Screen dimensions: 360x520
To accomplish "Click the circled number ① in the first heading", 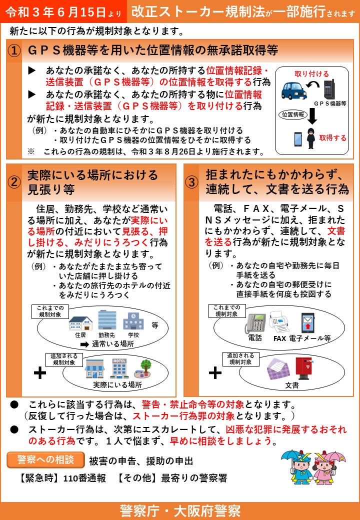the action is pyautogui.click(x=15, y=50).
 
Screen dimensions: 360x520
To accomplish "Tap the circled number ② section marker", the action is pyautogui.click(x=15, y=181).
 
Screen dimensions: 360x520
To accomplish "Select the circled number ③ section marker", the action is pyautogui.click(x=192, y=181).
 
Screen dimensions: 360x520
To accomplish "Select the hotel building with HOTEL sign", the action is pyautogui.click(x=119, y=368).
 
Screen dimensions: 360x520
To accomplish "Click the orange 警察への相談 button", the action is pyautogui.click(x=45, y=460).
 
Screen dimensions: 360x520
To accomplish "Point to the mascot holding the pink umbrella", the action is pyautogui.click(x=326, y=467).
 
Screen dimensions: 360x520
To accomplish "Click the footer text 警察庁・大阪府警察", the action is pyautogui.click(x=180, y=510).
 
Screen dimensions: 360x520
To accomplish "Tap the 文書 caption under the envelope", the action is pyautogui.click(x=292, y=386).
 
